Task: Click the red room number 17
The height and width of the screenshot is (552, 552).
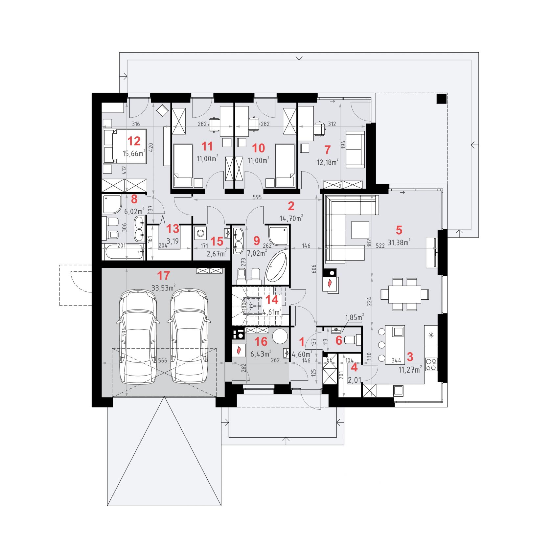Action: click(164, 275)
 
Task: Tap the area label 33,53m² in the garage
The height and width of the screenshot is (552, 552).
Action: click(163, 288)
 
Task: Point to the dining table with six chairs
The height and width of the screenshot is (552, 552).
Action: click(405, 294)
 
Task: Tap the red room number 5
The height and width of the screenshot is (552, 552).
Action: click(399, 230)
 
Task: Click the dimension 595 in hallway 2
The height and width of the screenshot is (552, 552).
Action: click(257, 197)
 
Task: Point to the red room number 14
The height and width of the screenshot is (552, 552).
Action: click(272, 300)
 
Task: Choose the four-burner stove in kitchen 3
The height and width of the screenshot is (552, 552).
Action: click(431, 364)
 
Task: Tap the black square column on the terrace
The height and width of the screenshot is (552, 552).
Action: click(442, 99)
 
